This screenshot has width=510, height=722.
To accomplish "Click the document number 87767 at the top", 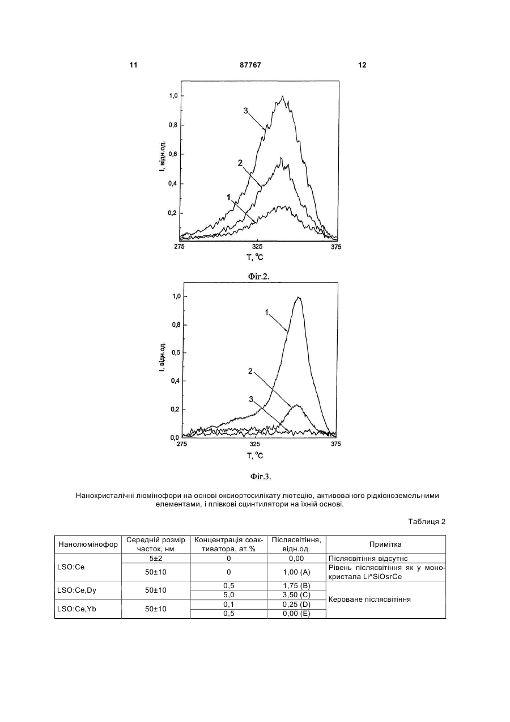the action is pyautogui.click(x=250, y=65).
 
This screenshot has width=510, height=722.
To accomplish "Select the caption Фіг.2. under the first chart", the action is pyautogui.click(x=258, y=276).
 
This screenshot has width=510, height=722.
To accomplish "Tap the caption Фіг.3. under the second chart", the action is pyautogui.click(x=261, y=477).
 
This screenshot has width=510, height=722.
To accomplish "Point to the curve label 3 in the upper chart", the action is pyautogui.click(x=246, y=111).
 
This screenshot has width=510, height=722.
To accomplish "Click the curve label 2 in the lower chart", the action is pyautogui.click(x=250, y=371).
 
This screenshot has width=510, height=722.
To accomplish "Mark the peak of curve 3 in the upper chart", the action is pyautogui.click(x=282, y=96).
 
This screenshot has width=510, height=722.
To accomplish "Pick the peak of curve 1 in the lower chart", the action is pyautogui.click(x=299, y=297).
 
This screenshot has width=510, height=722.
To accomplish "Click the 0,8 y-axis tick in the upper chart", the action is pyautogui.click(x=173, y=125).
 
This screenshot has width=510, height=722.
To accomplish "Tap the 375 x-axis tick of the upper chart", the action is pyautogui.click(x=336, y=247).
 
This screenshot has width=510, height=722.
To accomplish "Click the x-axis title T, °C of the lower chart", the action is pyautogui.click(x=255, y=456).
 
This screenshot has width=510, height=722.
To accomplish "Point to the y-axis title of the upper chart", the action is pyautogui.click(x=163, y=155).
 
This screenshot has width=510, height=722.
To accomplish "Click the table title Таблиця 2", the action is pyautogui.click(x=427, y=522).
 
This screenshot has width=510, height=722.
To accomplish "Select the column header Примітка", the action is pyautogui.click(x=385, y=544).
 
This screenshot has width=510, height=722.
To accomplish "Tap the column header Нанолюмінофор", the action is pyautogui.click(x=88, y=544).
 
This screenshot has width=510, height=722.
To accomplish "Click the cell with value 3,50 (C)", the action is pyautogui.click(x=296, y=595).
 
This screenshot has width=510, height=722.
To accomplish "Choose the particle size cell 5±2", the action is pyautogui.click(x=156, y=559).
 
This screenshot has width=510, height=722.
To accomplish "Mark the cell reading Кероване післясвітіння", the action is pyautogui.click(x=369, y=599).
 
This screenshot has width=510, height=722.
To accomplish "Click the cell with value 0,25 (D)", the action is pyautogui.click(x=296, y=605).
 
